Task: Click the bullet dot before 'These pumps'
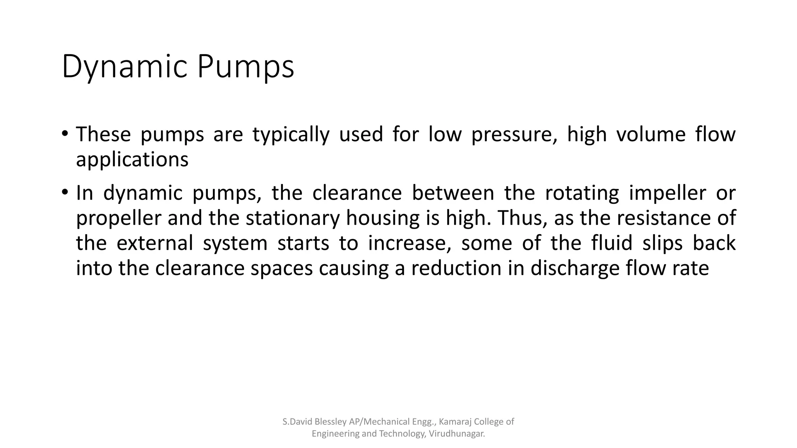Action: (x=65, y=134)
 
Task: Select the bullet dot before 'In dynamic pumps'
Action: (x=65, y=192)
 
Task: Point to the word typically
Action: (x=291, y=135)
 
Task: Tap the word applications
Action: (x=132, y=160)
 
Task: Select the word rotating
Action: (x=582, y=193)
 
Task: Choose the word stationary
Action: (x=293, y=219)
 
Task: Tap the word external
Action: (x=154, y=243)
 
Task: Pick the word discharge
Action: (x=574, y=269)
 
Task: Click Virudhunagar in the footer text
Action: (x=456, y=434)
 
